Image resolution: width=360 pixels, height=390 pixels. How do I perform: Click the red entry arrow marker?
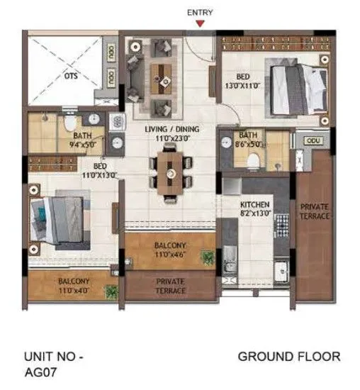(201, 23)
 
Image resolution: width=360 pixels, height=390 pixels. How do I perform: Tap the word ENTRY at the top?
(201, 12)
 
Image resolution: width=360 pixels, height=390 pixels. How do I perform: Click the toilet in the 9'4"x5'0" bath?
(69, 124)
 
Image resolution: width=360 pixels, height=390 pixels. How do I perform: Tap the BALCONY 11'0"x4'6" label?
(170, 250)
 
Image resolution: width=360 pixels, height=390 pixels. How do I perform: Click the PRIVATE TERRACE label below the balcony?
(170, 286)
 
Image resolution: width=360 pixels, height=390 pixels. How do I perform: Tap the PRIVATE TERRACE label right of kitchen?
(314, 211)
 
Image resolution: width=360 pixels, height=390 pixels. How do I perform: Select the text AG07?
(40, 370)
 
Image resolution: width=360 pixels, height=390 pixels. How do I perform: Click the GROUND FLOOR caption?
(288, 357)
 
